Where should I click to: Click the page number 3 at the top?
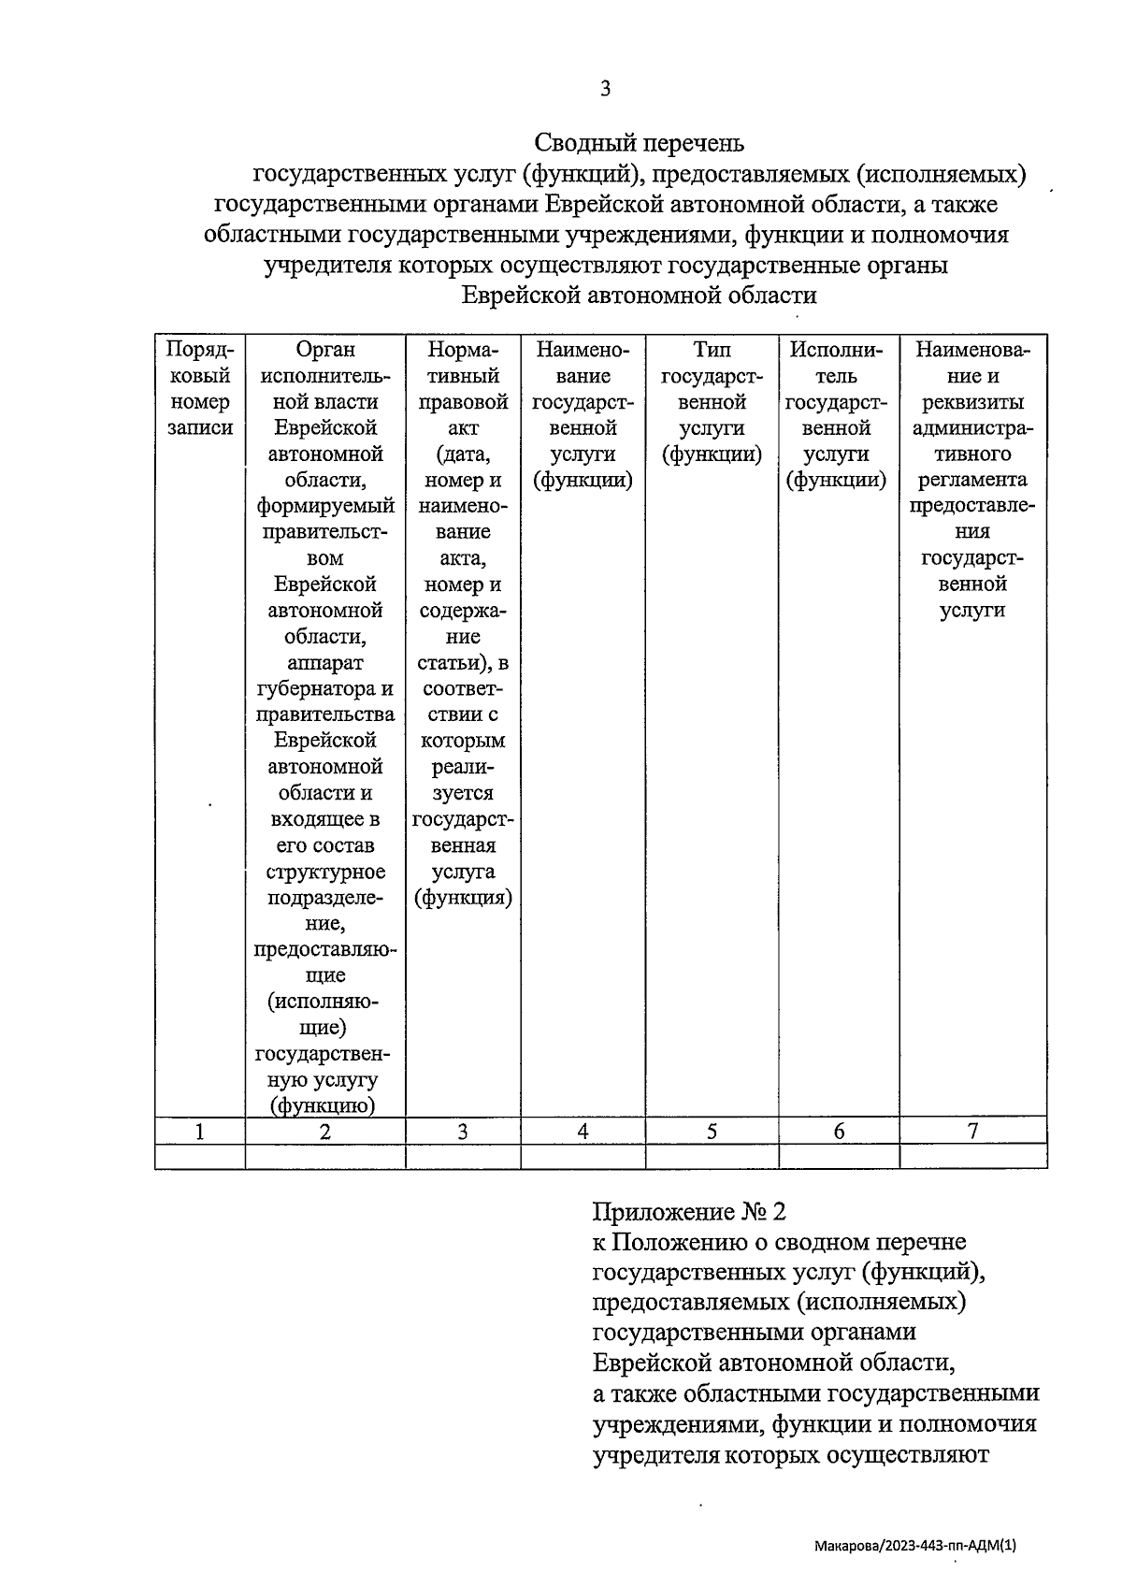pyautogui.click(x=605, y=89)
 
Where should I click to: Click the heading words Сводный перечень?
pyautogui.click(x=639, y=143)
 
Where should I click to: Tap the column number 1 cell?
pyautogui.click(x=199, y=1132)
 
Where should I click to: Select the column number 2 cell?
pyautogui.click(x=324, y=1132)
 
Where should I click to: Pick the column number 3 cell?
pyautogui.click(x=462, y=1132)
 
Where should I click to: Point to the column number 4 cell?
pyautogui.click(x=583, y=1132)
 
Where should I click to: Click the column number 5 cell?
pyautogui.click(x=712, y=1132)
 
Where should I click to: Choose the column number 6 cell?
pyautogui.click(x=839, y=1132)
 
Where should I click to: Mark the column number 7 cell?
pyautogui.click(x=972, y=1131)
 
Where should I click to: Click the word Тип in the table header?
pyautogui.click(x=712, y=350)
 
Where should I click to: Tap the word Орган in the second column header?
pyautogui.click(x=324, y=350)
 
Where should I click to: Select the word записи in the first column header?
pyautogui.click(x=199, y=428)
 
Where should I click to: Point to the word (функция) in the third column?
pyautogui.click(x=463, y=898)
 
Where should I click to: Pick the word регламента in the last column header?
pyautogui.click(x=972, y=480)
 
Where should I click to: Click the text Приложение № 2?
pyautogui.click(x=689, y=1212)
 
